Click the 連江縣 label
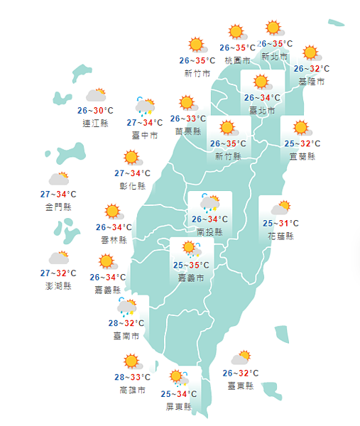click(95, 123)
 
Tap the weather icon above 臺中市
click(145, 106)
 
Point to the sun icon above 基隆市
click(310, 53)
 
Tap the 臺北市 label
click(263, 110)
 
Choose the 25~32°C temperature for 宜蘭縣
click(301, 143)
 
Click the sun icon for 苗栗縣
click(187, 104)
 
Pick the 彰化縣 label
click(132, 186)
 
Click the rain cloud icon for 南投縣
click(209, 204)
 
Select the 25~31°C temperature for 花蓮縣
click(280, 224)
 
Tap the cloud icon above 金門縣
click(58, 179)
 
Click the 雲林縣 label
click(114, 240)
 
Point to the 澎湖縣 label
click(58, 285)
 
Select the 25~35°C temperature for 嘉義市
click(188, 266)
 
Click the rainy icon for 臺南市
click(127, 307)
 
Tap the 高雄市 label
click(132, 390)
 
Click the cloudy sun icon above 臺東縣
click(240, 359)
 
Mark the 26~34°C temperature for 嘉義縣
click(108, 277)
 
